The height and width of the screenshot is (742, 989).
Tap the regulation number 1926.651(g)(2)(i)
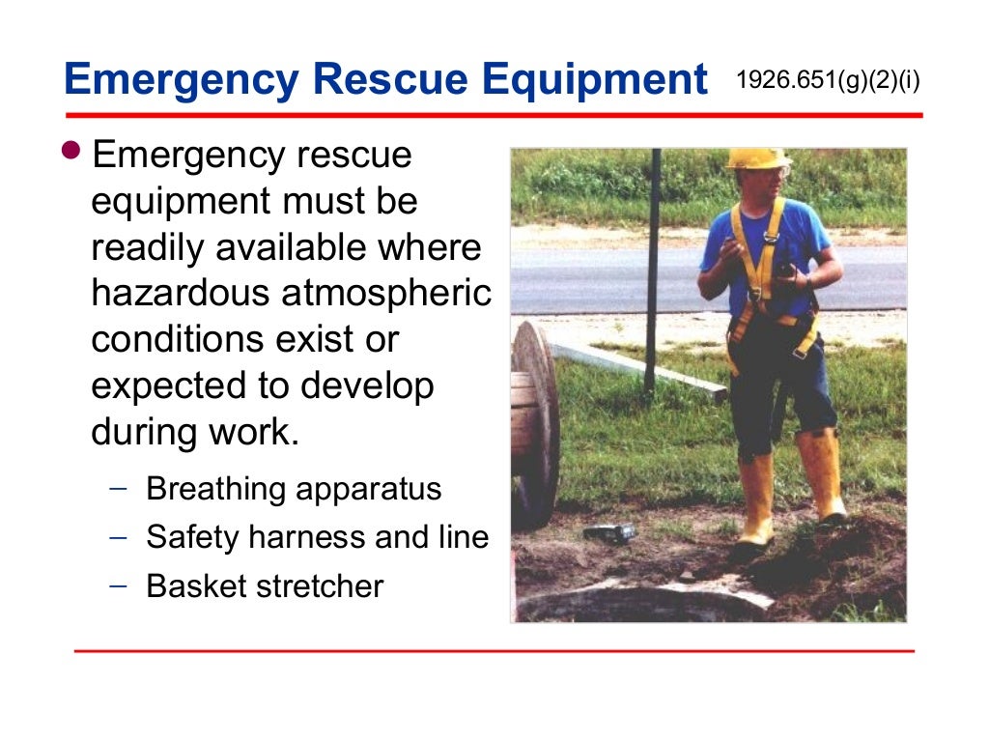click(828, 79)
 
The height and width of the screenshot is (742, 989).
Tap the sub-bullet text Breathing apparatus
click(294, 489)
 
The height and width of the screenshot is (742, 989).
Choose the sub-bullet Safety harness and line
click(317, 537)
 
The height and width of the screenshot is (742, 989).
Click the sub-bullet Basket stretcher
click(265, 585)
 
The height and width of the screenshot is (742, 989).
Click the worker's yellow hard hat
click(756, 158)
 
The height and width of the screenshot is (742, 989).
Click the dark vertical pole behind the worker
click(654, 271)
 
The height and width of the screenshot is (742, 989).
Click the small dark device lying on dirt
click(609, 532)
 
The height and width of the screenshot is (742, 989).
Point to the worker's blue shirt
click(763, 251)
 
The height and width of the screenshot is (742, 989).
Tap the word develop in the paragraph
click(366, 386)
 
